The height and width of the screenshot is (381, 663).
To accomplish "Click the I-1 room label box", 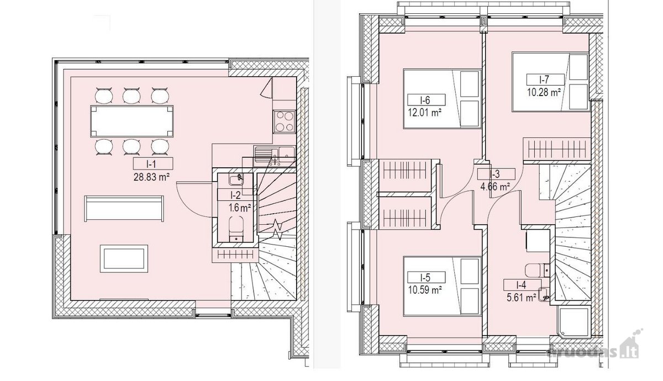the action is (x=153, y=163).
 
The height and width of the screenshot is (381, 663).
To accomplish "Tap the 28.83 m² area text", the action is (x=151, y=177).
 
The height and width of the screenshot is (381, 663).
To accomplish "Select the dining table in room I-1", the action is (x=131, y=121).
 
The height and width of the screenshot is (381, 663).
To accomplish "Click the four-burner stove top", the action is (x=285, y=121).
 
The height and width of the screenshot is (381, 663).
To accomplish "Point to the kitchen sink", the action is (x=275, y=155).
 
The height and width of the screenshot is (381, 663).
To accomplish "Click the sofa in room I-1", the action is (x=124, y=208).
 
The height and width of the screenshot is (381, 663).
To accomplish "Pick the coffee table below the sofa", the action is (x=124, y=258).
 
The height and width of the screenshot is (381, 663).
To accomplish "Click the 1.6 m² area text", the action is (x=240, y=208).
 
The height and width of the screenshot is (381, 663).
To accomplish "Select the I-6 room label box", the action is (x=426, y=100).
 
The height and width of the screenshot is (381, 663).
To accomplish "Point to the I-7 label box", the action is (x=545, y=80).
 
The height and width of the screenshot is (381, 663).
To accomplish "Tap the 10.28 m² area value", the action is (x=544, y=92).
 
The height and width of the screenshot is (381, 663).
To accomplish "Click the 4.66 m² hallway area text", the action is (x=494, y=187).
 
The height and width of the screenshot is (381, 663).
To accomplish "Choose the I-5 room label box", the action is (x=426, y=277).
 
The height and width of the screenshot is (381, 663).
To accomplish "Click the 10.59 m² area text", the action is (x=425, y=290).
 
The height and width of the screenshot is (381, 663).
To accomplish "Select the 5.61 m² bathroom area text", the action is (x=521, y=297).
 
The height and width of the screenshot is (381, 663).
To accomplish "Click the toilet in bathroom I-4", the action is (x=537, y=270).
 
